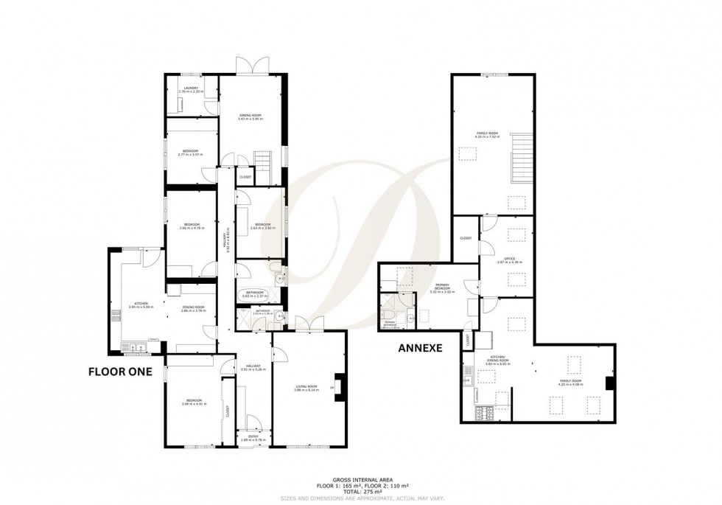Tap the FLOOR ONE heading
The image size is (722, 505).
[120, 372]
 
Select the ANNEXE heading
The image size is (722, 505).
[420, 347]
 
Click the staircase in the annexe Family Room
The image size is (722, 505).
[520, 159]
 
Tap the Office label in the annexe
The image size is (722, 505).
[504, 260]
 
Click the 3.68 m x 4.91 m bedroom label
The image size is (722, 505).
[194, 403]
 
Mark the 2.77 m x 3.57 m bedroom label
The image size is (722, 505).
[190, 153]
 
